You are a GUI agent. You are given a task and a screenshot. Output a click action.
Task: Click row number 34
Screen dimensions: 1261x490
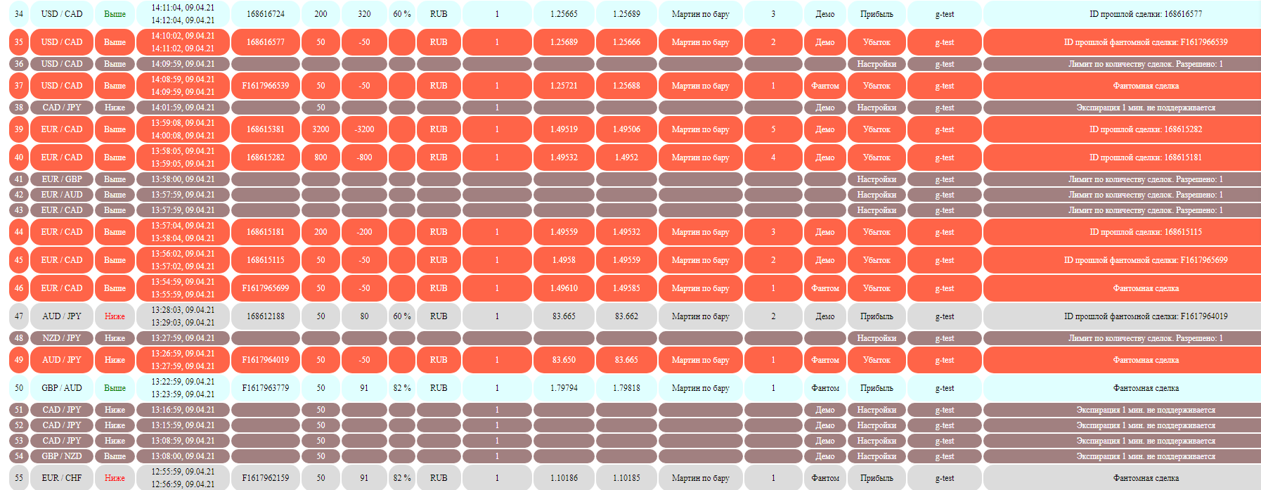click(19, 14)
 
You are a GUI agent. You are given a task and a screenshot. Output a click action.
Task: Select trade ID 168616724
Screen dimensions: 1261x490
click(266, 14)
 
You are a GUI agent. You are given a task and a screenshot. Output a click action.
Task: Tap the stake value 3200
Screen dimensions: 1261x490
click(321, 129)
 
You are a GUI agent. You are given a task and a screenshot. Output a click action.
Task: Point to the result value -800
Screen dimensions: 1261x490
click(364, 157)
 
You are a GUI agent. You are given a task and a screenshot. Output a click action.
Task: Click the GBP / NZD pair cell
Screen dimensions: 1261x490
click(62, 456)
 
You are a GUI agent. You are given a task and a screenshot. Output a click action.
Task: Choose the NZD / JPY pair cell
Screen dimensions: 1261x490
click(62, 338)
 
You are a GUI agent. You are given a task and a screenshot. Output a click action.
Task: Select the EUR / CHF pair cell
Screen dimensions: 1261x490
click(62, 478)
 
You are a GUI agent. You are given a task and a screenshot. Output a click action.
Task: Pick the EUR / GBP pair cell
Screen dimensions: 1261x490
click(62, 179)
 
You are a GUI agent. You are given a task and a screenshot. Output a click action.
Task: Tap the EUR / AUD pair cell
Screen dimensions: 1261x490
click(62, 195)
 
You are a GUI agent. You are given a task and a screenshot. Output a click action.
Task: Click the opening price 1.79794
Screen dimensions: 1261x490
click(564, 388)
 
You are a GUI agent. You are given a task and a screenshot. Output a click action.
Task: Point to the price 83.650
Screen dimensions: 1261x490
click(564, 360)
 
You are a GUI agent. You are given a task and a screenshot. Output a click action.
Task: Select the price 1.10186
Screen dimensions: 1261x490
click(564, 478)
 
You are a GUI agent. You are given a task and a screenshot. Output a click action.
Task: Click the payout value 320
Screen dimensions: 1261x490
click(364, 14)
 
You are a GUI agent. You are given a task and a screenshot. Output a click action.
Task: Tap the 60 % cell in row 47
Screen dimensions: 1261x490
click(402, 316)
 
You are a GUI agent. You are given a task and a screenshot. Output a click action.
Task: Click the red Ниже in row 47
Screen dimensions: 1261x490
click(115, 316)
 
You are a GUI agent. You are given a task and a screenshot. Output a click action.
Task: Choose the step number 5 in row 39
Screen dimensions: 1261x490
click(773, 129)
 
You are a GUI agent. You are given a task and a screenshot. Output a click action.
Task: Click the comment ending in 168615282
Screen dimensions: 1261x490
click(1146, 129)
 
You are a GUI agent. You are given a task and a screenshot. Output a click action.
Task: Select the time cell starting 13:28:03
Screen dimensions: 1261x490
click(183, 316)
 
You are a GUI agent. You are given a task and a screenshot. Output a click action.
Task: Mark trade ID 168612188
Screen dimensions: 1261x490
click(266, 316)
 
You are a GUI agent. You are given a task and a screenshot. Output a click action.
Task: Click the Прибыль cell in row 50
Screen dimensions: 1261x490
click(877, 388)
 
